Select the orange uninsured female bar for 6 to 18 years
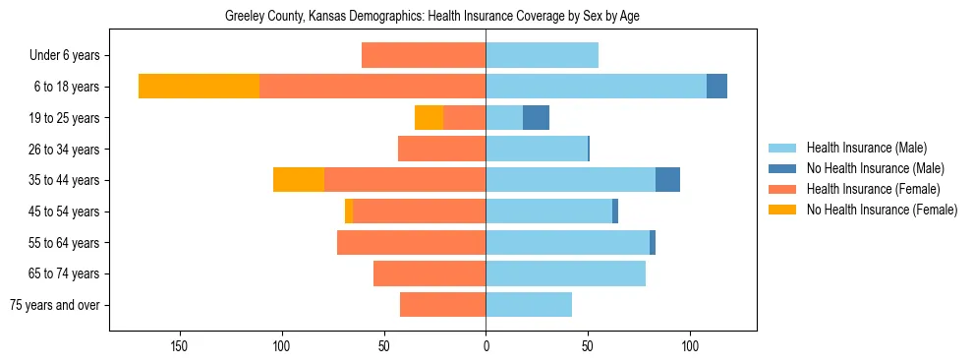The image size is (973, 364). [199, 87]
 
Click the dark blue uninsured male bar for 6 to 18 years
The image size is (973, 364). [716, 87]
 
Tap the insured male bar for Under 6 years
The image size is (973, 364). [542, 55]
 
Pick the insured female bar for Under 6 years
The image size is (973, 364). [424, 55]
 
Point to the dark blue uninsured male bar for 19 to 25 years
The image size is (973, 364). [536, 118]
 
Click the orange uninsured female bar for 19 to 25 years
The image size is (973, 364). [429, 118]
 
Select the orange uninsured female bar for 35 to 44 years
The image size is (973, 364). [299, 180]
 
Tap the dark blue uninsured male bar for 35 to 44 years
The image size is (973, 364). [667, 180]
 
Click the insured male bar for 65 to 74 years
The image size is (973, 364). [565, 273]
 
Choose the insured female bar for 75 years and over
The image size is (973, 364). [442, 305]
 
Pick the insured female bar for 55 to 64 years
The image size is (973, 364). [411, 242]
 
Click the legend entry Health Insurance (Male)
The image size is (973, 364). [866, 149]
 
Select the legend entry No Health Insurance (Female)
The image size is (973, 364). [882, 210]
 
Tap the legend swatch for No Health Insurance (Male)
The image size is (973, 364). [782, 169]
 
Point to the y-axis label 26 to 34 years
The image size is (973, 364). [71, 150]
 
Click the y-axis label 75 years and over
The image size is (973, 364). [55, 305]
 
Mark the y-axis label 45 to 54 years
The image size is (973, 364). [71, 212]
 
